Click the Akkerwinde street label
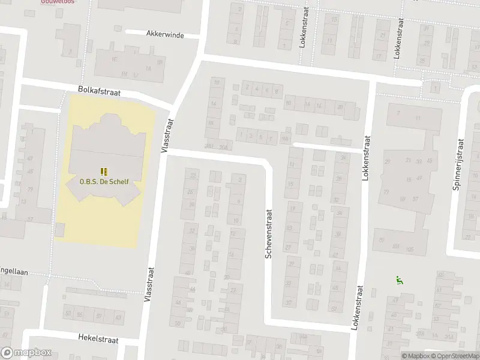click(x=164, y=35)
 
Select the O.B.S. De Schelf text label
click(x=104, y=181)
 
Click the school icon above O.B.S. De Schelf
click(x=104, y=170)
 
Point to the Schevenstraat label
click(x=269, y=234)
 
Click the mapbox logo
click(x=26, y=353)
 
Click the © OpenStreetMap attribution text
click(x=457, y=355)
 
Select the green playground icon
click(x=398, y=279)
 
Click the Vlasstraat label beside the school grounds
click(x=166, y=134)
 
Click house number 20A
click(x=223, y=146)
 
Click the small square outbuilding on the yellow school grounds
click(x=60, y=229)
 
